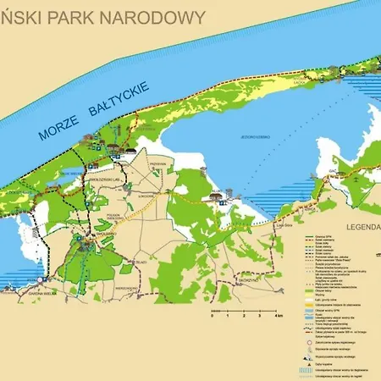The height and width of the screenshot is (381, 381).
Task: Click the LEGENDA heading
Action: click(x=362, y=229)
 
